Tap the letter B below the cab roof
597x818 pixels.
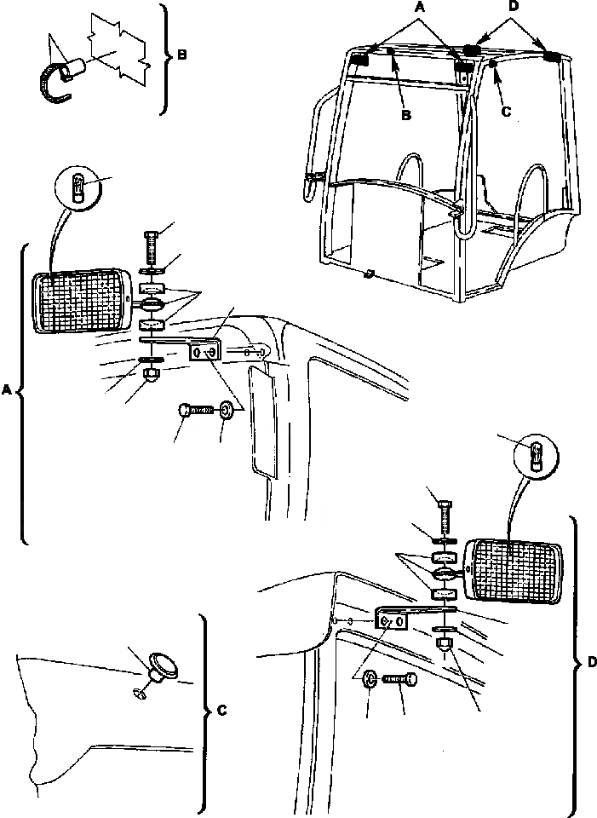coord(406,115)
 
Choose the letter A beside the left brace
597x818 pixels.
coord(8,389)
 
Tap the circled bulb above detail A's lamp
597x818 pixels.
coord(76,187)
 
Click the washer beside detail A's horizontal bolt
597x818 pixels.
coord(226,412)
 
